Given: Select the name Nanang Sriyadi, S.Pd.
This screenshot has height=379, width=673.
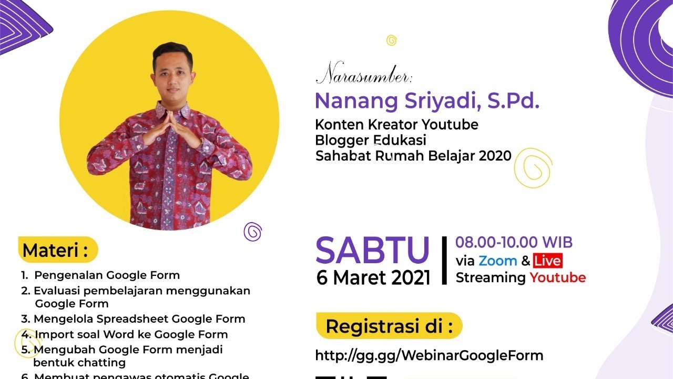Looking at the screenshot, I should (427, 101).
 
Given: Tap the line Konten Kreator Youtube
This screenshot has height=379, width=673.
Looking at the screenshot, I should (396, 125).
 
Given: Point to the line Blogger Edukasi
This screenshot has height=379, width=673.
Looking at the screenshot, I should (370, 141).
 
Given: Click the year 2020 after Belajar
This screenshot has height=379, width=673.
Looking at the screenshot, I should (495, 156).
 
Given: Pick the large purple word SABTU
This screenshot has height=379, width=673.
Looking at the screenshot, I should (373, 251).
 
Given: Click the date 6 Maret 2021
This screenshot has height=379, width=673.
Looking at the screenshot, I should (373, 277).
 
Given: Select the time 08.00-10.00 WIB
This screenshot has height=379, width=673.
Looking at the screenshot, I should (514, 243).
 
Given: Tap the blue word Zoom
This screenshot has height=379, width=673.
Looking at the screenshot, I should (498, 261).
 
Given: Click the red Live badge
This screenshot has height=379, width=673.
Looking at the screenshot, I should (547, 261).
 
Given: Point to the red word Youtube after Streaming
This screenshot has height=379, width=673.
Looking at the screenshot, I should (557, 277).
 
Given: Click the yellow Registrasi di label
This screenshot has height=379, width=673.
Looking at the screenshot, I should (389, 326).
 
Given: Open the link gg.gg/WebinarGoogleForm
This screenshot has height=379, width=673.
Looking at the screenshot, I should (429, 355).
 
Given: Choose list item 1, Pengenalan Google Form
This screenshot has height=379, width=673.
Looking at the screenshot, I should (100, 275).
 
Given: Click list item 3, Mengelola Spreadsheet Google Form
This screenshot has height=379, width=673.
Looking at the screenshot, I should (133, 319).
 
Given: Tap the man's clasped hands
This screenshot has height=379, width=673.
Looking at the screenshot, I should (171, 129).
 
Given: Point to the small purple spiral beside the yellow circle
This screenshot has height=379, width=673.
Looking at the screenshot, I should (253, 231).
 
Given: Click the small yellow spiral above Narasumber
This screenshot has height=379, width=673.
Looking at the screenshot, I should (391, 40).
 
